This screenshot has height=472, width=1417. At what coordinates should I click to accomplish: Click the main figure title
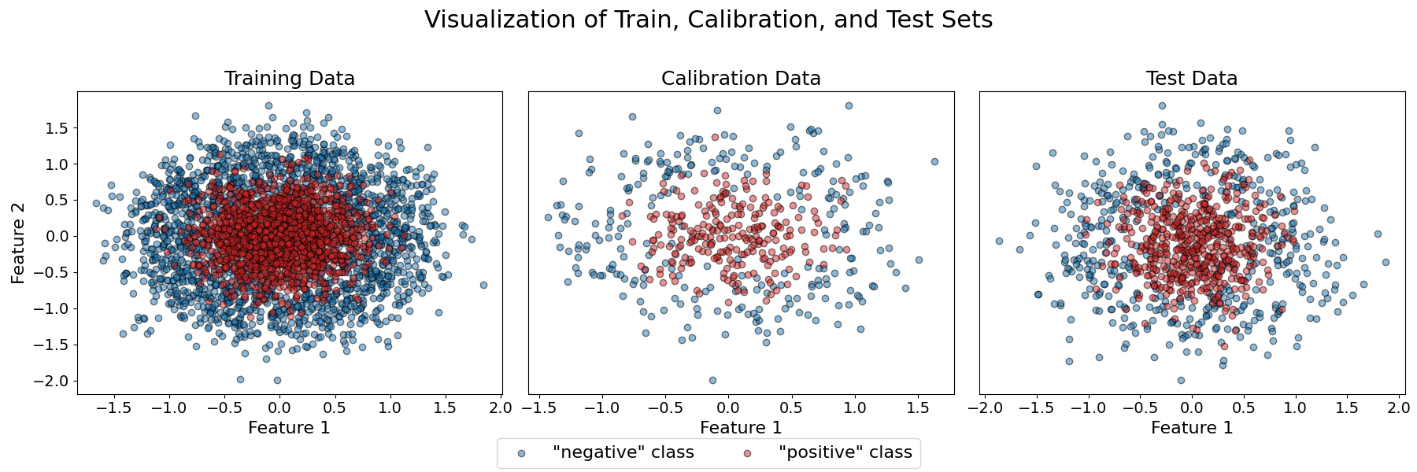(708, 20)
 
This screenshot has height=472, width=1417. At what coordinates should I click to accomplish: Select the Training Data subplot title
(289, 79)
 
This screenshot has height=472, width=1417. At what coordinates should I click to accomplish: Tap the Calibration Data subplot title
(741, 79)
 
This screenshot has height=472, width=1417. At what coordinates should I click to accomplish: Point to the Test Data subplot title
(1192, 79)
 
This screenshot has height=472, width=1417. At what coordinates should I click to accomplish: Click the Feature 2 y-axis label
(18, 242)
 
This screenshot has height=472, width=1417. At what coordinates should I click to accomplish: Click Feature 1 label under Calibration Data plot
(741, 428)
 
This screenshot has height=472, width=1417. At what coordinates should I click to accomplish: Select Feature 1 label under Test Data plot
(1192, 428)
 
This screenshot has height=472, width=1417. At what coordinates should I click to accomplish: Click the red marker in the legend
(748, 453)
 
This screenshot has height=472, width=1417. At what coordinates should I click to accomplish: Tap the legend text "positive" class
(845, 453)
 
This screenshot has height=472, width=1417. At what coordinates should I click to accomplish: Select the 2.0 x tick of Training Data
(501, 407)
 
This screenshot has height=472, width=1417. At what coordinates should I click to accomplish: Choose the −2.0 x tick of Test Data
(983, 407)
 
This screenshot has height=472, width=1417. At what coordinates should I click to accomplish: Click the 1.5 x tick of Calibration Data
(917, 407)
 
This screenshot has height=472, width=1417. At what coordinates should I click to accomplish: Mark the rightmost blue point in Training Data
(483, 285)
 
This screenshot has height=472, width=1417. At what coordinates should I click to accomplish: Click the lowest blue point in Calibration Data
(712, 380)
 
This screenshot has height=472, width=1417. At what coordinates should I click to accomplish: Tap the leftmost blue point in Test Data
(999, 241)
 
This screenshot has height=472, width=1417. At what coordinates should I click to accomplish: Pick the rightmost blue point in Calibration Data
(934, 161)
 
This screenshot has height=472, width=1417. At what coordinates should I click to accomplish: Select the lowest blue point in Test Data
(1181, 380)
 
